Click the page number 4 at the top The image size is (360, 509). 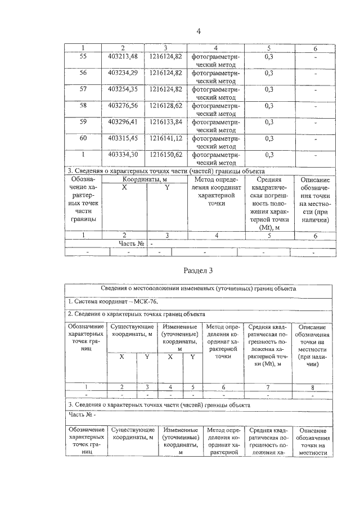[x=199, y=31]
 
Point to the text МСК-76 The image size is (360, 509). [x=146, y=301]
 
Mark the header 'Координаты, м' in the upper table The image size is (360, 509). [x=146, y=179]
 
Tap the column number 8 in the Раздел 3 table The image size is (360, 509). [x=312, y=386]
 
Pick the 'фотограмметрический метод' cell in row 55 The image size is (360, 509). [x=215, y=61]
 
